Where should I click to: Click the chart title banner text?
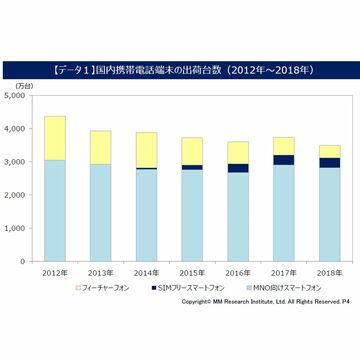click(180, 72)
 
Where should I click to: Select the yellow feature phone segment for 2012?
click(56, 138)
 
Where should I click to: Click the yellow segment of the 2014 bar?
click(146, 150)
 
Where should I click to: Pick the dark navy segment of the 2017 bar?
click(283, 160)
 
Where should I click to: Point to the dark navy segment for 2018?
click(328, 162)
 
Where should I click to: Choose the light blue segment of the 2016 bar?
click(238, 216)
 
